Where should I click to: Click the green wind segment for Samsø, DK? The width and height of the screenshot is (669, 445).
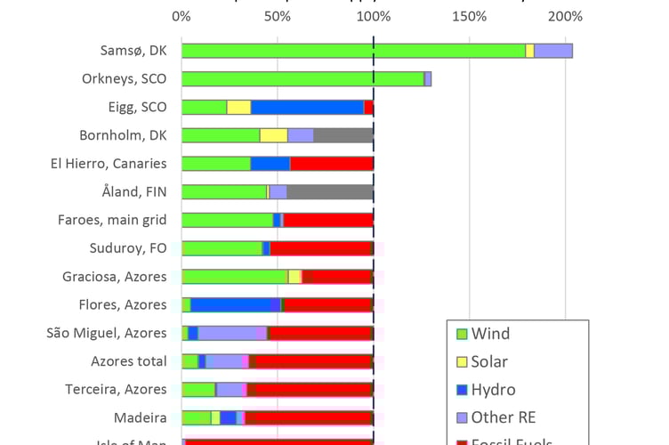tap(353, 51)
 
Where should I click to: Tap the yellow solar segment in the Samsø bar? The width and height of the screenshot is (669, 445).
tap(529, 51)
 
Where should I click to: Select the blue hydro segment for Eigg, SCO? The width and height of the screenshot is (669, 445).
tap(307, 107)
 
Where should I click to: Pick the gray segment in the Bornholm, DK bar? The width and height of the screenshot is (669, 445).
tap(343, 135)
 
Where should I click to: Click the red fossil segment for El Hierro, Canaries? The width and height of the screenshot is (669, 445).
tap(331, 164)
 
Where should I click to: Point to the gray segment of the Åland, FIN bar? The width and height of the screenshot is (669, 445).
tap(330, 191)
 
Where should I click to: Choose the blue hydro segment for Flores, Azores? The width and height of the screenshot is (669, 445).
tap(230, 304)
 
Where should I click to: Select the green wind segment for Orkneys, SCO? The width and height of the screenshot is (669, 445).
tap(302, 79)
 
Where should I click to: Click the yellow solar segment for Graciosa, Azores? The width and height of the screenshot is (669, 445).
tap(294, 277)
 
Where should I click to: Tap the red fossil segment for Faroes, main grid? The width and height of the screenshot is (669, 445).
tap(327, 220)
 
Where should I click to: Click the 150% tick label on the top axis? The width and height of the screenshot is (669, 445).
tap(469, 16)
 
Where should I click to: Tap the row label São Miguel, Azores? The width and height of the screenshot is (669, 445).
tap(106, 333)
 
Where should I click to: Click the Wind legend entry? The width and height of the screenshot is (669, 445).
tap(490, 335)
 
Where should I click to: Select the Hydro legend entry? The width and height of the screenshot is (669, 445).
tap(493, 390)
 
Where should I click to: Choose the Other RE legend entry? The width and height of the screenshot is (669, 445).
tap(504, 417)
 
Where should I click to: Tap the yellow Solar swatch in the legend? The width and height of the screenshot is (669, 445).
tap(461, 362)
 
